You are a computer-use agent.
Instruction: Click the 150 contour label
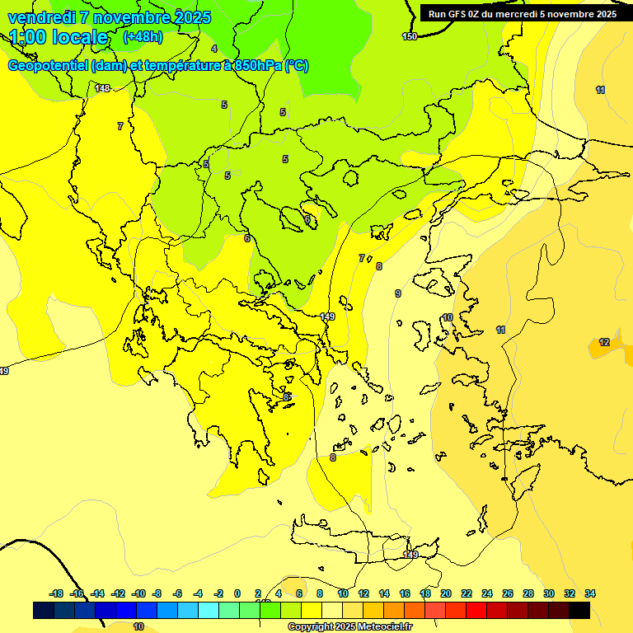coord(410,36)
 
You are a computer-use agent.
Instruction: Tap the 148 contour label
coord(102,88)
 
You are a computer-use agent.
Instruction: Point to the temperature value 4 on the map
coord(214,49)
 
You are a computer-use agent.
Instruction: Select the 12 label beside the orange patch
coord(604,342)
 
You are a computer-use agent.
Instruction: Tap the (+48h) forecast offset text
coord(143,37)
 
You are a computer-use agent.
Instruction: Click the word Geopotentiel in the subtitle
coord(48,66)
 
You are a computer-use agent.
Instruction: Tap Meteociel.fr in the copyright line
coord(381,627)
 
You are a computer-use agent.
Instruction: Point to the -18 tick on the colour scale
coord(57,593)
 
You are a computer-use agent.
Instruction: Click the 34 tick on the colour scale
coord(590,593)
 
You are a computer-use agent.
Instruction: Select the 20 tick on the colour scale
coord(446,593)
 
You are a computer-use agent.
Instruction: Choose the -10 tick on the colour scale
coord(138,593)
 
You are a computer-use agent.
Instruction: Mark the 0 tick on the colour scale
coord(237,593)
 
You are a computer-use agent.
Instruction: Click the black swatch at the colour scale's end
coord(579,610)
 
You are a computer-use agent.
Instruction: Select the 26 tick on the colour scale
coord(508,593)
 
